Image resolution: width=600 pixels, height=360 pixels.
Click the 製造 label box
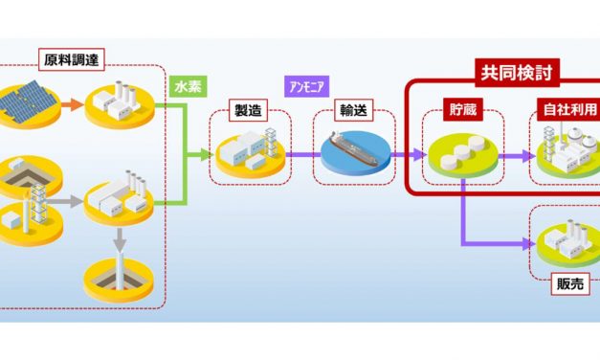245,110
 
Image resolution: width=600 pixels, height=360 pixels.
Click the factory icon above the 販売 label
566,239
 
